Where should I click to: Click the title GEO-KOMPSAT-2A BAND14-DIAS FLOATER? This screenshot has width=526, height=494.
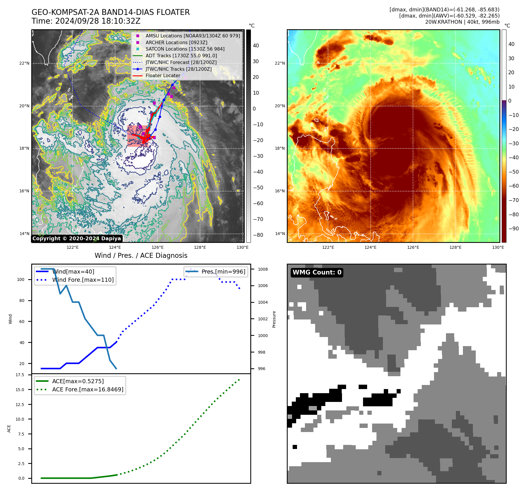coord(110,12)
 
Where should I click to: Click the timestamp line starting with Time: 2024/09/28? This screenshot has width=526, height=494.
coord(86,21)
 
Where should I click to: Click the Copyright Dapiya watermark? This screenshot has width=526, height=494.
coord(77,239)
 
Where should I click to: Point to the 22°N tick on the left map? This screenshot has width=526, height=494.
coord(25,63)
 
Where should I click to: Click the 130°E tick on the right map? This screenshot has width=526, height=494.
coord(498,247)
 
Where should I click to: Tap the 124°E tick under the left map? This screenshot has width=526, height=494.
coord(115,247)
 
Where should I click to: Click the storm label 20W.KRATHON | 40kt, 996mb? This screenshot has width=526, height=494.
coord(462,22)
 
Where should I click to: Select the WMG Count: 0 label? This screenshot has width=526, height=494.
coord(317,272)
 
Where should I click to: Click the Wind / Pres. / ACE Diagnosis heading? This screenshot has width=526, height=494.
coord(141,255)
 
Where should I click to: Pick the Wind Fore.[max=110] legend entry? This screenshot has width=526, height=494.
coord(83,280)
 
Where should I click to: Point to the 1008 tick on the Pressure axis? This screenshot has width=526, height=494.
coord(263,269)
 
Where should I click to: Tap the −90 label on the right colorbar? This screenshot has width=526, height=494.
coord(513,229)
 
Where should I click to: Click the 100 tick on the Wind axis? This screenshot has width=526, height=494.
coord(21,279)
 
